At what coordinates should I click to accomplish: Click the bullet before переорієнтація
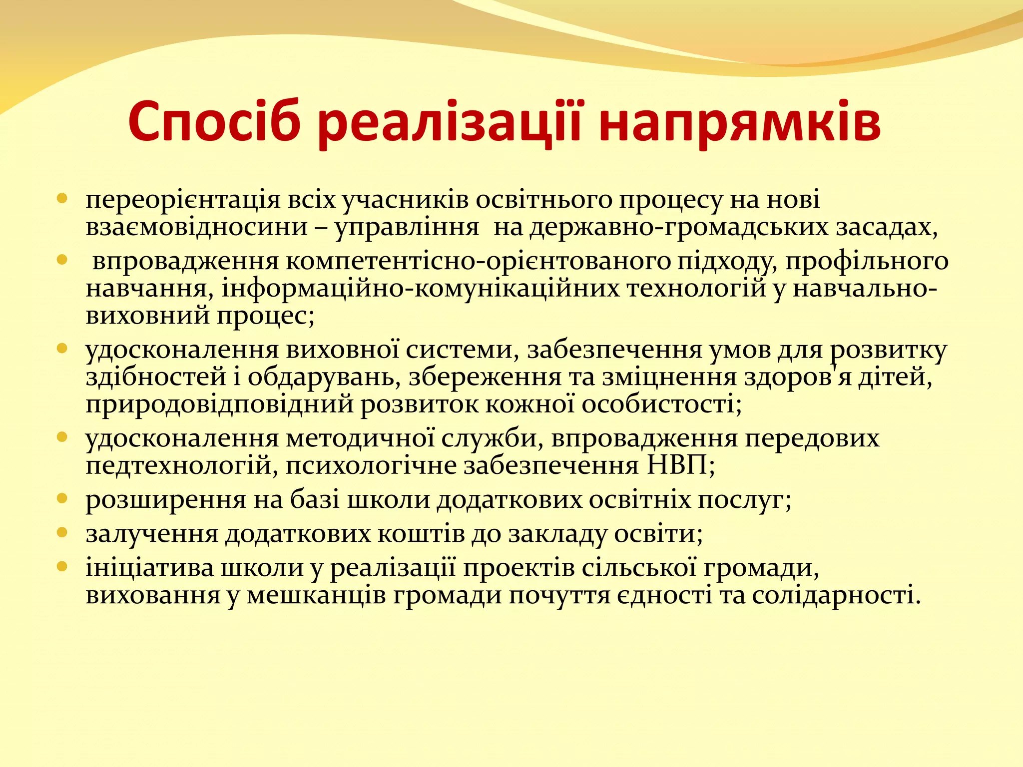coord(62,199)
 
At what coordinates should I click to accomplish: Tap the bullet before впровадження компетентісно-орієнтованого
coord(62,260)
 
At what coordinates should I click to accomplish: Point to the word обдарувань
coord(324,378)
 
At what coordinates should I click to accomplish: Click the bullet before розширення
coord(62,498)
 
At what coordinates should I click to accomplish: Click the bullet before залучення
coord(62,532)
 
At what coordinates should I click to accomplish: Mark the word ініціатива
coord(150,568)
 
